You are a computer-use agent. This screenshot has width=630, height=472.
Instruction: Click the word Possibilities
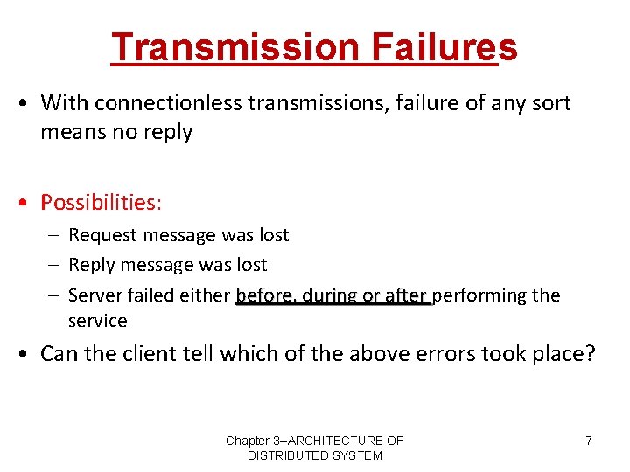click(101, 202)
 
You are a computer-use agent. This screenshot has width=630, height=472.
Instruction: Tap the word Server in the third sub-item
click(94, 295)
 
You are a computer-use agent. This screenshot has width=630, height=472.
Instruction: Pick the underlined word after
click(406, 295)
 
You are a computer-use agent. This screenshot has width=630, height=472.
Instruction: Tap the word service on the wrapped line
click(97, 321)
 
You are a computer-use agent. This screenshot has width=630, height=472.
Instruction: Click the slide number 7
click(589, 441)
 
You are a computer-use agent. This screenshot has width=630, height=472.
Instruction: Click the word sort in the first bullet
click(552, 103)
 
